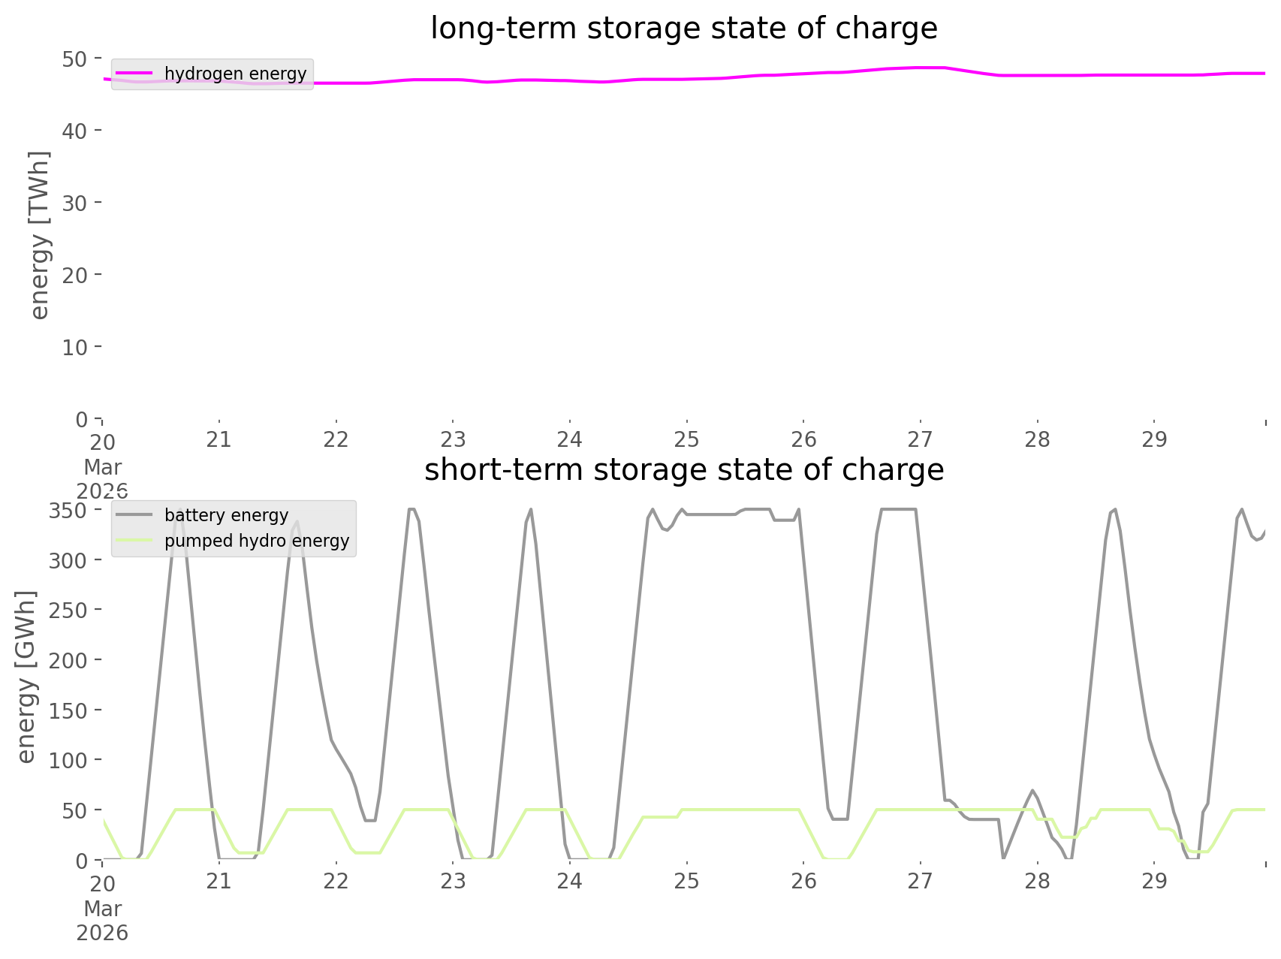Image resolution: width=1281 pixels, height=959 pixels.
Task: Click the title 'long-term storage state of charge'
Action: coord(683,29)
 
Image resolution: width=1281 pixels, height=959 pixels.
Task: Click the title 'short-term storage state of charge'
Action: coord(683,470)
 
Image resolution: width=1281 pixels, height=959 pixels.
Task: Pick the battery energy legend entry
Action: coord(226,515)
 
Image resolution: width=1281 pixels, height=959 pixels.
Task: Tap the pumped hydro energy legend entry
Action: coord(256,541)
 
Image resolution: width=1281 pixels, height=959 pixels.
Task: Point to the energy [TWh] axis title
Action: coord(39,235)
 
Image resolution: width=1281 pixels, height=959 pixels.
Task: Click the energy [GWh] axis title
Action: coord(26,676)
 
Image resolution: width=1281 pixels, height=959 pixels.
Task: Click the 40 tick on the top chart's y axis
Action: coord(74,131)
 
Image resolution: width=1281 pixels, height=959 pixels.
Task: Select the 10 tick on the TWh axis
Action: coord(74,347)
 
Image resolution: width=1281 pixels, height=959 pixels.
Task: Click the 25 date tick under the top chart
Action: coord(686,439)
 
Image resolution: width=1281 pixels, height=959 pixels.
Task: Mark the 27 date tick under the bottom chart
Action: coord(920,881)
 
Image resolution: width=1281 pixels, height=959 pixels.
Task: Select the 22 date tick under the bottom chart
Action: coord(336,881)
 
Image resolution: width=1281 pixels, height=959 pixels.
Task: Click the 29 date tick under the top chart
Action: coord(1154,439)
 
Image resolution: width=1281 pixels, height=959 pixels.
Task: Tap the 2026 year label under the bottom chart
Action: coord(102,933)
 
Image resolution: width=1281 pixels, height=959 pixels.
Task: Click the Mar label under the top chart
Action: coord(102,466)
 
